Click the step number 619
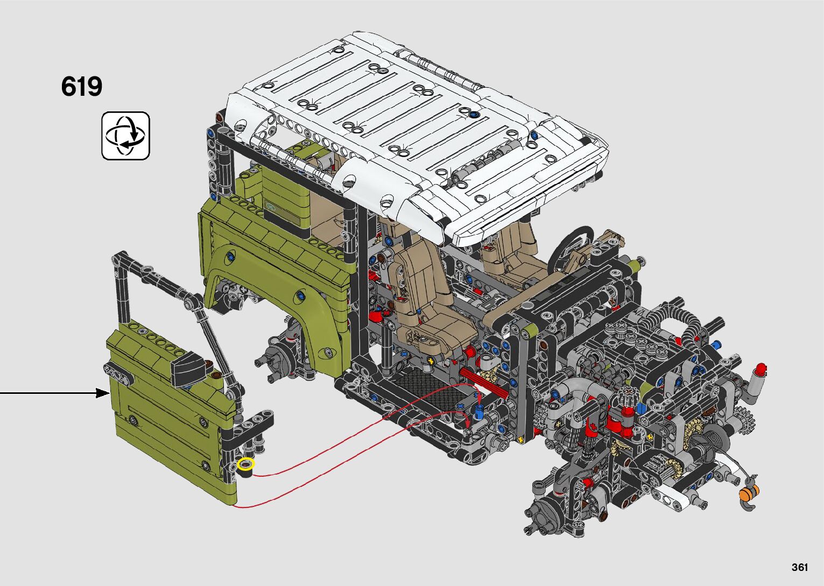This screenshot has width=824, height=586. coord(82,87)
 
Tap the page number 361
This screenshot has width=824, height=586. coord(800,567)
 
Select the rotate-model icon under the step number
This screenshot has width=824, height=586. coord(126,136)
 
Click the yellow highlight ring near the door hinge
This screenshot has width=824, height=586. coord(246,464)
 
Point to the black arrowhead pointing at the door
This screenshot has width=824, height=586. coord(103,393)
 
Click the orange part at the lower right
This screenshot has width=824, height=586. coord(749,491)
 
